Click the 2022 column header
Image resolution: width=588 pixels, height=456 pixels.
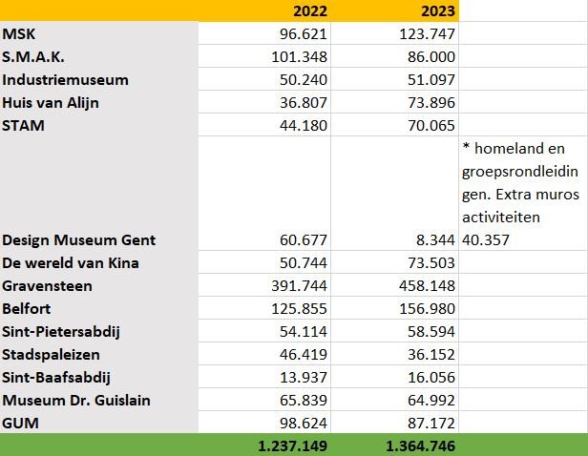(x=304, y=10)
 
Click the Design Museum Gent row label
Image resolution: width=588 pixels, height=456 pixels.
(x=78, y=239)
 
